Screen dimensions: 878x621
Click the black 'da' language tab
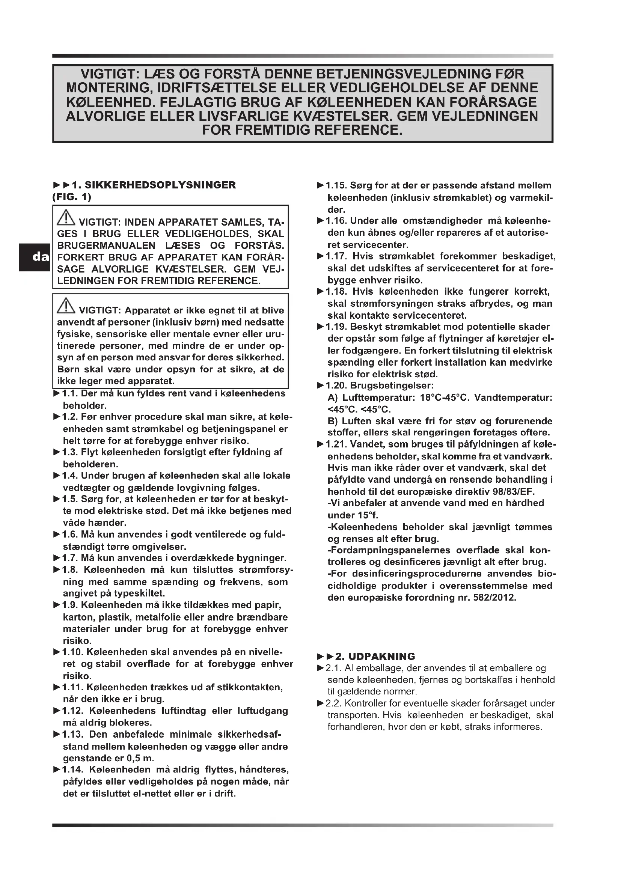coord(35,257)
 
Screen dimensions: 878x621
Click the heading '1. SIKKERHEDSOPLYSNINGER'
coord(154,185)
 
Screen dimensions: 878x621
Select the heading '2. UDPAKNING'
coord(375,656)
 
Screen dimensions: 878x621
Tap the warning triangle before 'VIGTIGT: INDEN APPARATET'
coord(66,218)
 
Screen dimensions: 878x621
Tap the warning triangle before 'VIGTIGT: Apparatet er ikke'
coord(66,306)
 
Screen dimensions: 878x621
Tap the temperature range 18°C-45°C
coord(444,398)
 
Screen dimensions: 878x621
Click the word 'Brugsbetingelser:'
coord(392,386)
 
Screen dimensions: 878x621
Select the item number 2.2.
coord(334,703)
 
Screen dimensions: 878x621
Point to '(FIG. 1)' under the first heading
coord(72,197)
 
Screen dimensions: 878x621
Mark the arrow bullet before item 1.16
coord(321,221)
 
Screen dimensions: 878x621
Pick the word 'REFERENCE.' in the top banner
coord(358,130)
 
